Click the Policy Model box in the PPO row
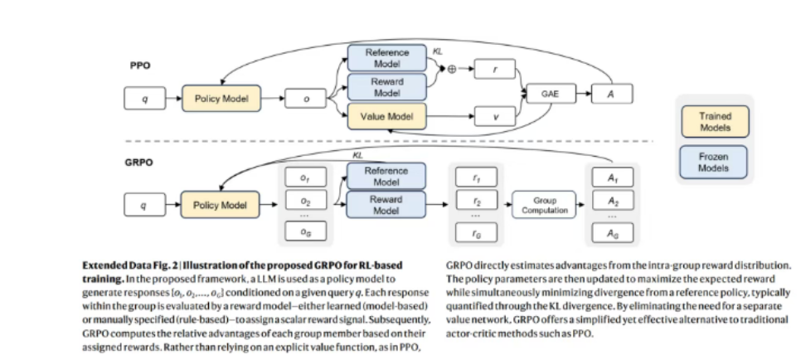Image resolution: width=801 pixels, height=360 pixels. pyautogui.click(x=218, y=99)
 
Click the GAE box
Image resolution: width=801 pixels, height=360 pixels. pyautogui.click(x=550, y=95)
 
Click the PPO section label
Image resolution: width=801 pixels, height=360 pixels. pyautogui.click(x=139, y=65)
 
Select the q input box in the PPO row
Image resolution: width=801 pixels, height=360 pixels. pyautogui.click(x=146, y=99)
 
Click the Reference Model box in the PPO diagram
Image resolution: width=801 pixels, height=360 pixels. pyautogui.click(x=386, y=58)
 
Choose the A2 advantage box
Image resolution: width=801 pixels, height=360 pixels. pyautogui.click(x=613, y=202)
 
